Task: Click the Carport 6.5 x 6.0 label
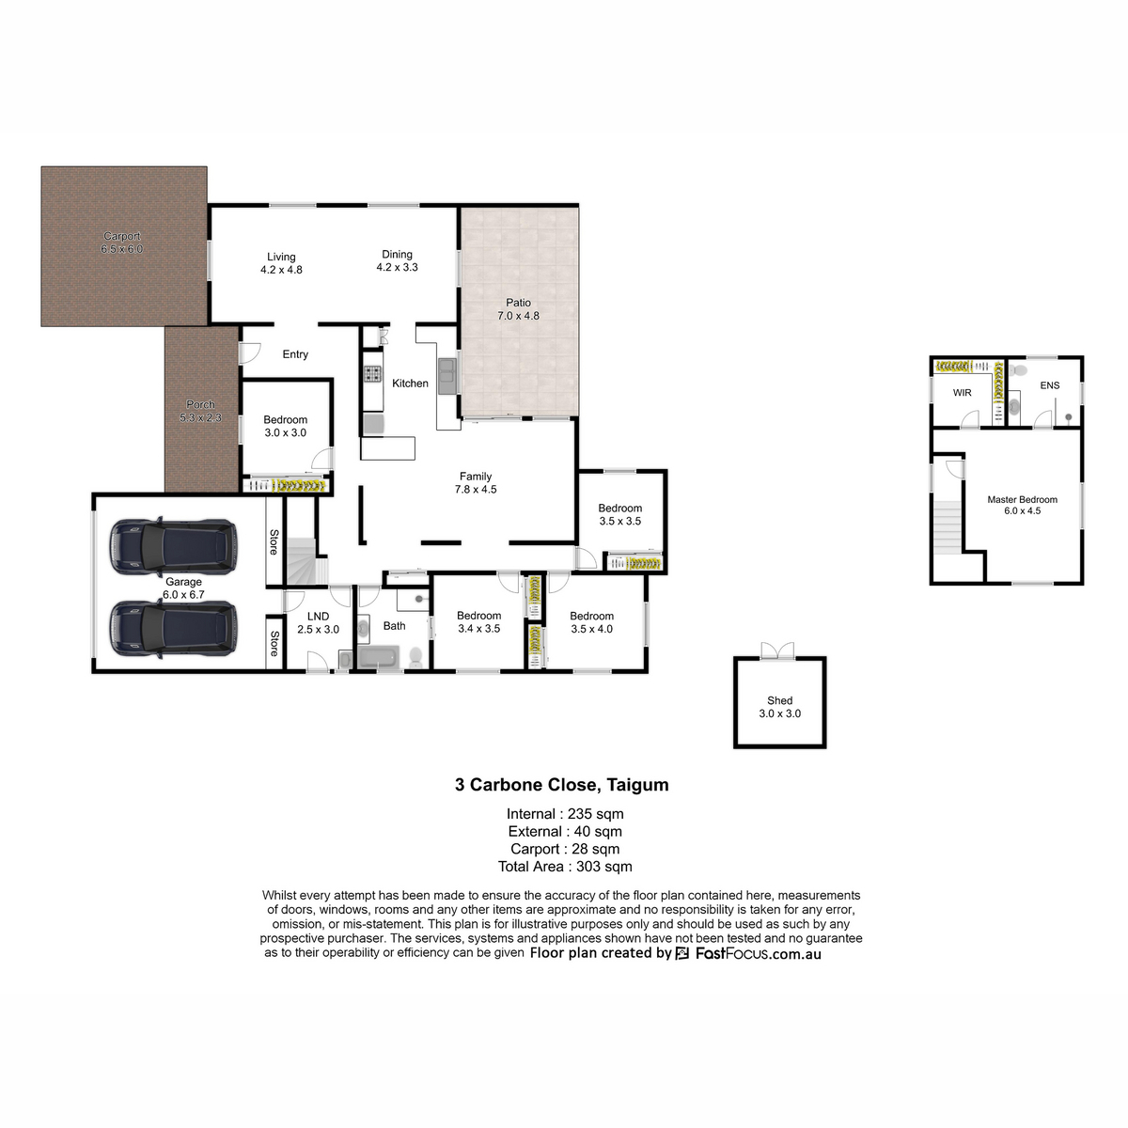[122, 243]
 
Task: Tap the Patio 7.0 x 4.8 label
[518, 309]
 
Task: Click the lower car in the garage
[173, 629]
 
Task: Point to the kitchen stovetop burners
[372, 373]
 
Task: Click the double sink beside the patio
[447, 376]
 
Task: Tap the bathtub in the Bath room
[378, 657]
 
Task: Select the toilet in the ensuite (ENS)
[1019, 370]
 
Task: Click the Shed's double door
[778, 650]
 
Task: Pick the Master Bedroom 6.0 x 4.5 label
[1022, 505]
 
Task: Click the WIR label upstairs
[962, 393]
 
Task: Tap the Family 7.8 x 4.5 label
[476, 483]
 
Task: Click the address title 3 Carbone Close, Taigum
[561, 784]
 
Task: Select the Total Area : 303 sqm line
[565, 867]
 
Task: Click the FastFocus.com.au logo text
[758, 953]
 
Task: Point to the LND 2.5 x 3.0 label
[318, 623]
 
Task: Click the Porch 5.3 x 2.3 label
[200, 411]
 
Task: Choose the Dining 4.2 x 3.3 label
[397, 260]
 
